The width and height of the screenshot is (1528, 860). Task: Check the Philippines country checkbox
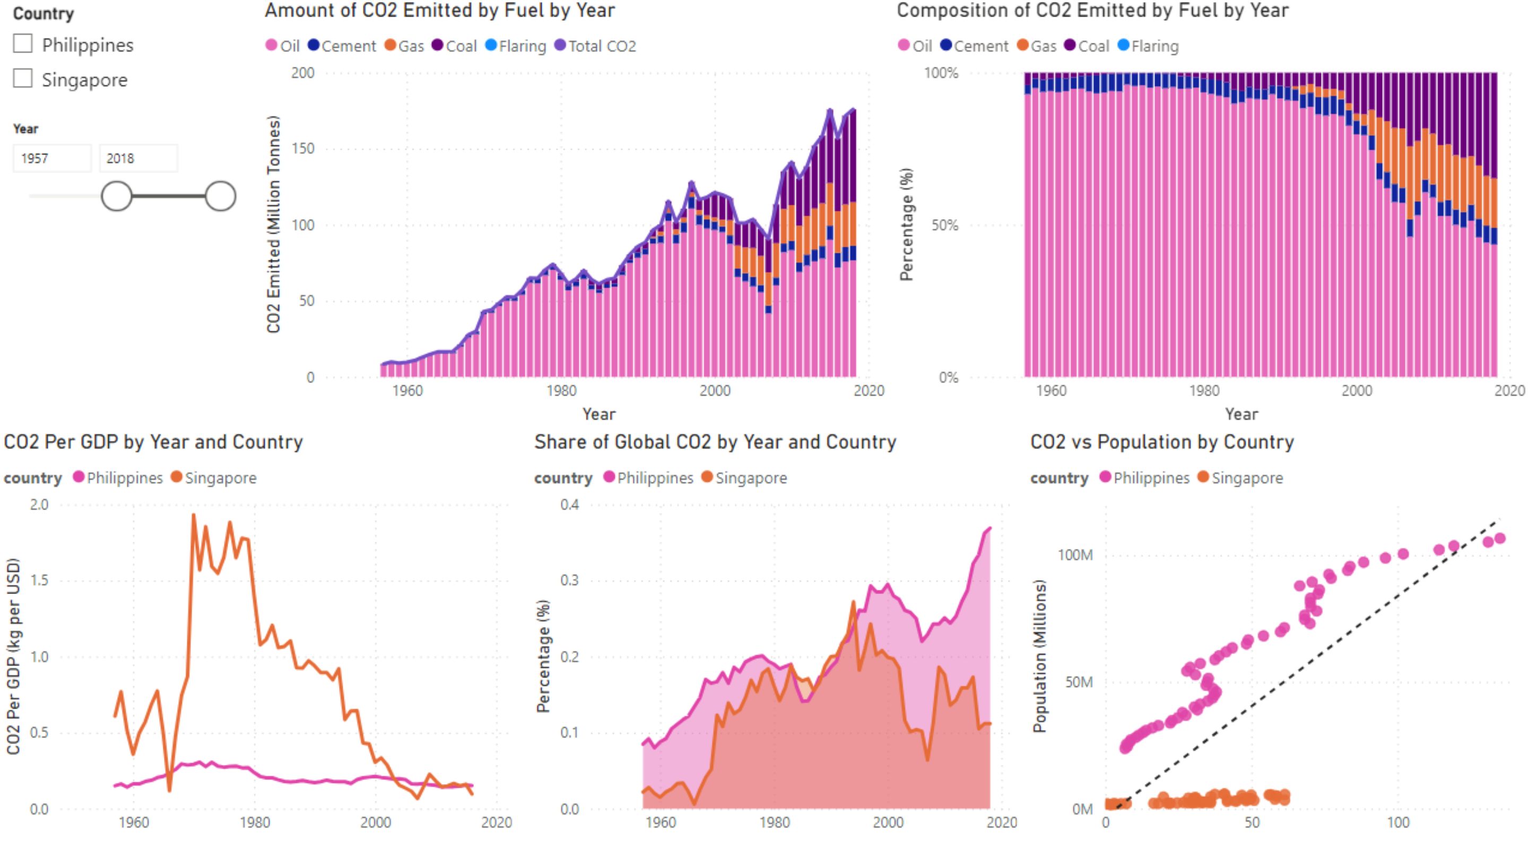(22, 44)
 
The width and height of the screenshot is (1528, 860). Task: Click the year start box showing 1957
(52, 159)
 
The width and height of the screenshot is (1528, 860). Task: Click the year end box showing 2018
(137, 159)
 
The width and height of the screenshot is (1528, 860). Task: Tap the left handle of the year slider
(116, 196)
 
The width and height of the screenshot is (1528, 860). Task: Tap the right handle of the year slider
(221, 196)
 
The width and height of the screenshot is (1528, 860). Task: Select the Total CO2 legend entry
(595, 46)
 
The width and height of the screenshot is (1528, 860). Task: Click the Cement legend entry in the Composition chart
(974, 46)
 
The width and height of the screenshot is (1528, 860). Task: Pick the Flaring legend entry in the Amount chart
(516, 46)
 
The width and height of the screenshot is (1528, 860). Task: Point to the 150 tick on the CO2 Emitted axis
(303, 149)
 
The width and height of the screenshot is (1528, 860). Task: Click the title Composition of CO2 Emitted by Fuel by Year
(1092, 11)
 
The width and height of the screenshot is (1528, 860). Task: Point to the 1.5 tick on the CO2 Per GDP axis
(39, 580)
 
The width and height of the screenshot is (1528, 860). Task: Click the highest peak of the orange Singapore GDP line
(193, 514)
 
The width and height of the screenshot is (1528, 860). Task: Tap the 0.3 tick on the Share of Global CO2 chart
(569, 580)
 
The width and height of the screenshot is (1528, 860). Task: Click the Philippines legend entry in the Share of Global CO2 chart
(648, 478)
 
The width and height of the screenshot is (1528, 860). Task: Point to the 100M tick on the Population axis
(1075, 555)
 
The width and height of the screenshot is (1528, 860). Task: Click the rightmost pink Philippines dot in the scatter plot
(1500, 538)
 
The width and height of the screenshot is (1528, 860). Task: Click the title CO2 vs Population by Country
(1162, 442)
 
